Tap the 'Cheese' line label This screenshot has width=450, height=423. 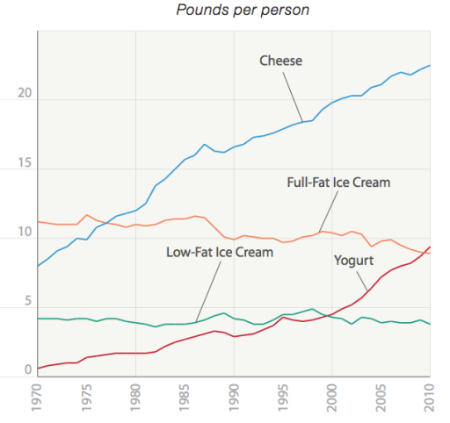coord(280,61)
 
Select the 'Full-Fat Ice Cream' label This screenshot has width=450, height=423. coord(338,183)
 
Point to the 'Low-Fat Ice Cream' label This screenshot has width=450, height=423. coord(220,252)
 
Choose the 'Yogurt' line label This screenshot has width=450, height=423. coord(354,261)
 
